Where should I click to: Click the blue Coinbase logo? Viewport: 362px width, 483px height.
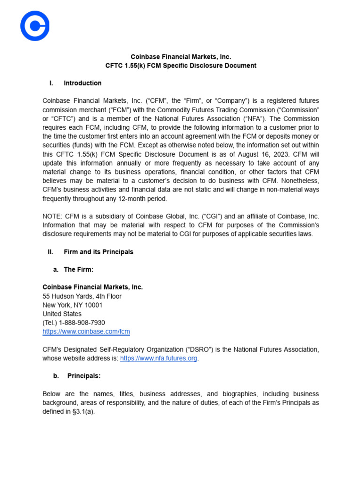[x=35, y=26]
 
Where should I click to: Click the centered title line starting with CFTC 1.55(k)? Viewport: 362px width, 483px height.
[x=181, y=66]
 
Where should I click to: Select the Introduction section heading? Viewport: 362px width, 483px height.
[x=82, y=83]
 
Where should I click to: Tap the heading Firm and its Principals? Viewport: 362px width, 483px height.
[x=99, y=252]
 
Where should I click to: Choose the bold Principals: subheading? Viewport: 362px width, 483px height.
[x=84, y=376]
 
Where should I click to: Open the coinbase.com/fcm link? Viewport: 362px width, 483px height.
[x=86, y=332]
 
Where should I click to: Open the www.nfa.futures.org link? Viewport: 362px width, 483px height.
[x=158, y=358]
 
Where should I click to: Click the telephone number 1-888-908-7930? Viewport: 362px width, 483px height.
[x=82, y=323]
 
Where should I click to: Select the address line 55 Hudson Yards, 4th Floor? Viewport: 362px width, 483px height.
[x=82, y=296]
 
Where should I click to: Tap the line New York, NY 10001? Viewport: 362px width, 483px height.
[x=73, y=305]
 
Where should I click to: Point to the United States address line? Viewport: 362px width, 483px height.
[x=62, y=314]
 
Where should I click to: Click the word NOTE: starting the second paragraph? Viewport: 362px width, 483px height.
[x=52, y=216]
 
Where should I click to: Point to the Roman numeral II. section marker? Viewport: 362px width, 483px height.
[x=51, y=252]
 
